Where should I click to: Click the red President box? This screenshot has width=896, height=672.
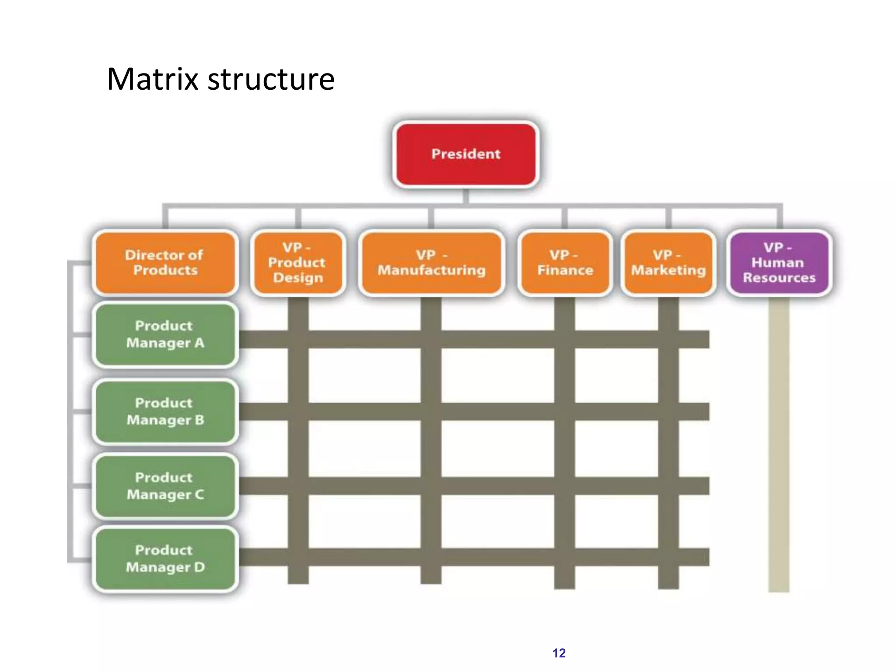click(466, 154)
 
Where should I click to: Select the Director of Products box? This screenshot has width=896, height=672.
click(165, 262)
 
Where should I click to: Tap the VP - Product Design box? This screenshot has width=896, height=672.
click(298, 262)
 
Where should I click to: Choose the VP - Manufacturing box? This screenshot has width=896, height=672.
click(431, 262)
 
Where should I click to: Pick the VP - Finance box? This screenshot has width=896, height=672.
click(565, 262)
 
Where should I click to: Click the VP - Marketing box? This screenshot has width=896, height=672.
click(668, 262)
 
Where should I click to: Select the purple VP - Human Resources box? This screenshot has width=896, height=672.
click(779, 262)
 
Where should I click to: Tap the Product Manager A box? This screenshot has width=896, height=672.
click(165, 335)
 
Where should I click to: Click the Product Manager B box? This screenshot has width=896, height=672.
click(165, 412)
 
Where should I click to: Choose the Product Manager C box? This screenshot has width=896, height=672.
click(165, 486)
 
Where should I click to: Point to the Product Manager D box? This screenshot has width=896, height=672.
click(165, 559)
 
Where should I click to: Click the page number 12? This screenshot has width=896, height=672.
click(559, 653)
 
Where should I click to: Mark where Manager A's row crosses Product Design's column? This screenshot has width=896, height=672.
click(298, 339)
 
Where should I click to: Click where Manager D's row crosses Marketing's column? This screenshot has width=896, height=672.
click(668, 557)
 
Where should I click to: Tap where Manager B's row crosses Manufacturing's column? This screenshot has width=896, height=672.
click(431, 412)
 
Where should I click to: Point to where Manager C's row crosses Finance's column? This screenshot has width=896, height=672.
click(564, 486)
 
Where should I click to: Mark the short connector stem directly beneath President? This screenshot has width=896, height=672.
click(466, 196)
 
